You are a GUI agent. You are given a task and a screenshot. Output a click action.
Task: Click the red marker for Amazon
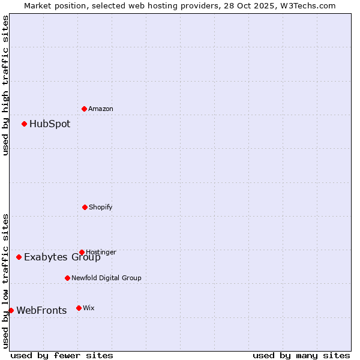(x=85, y=109)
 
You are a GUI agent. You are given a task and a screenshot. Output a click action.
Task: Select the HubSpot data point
(x=25, y=124)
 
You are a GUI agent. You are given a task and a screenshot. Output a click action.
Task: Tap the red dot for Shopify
(x=85, y=207)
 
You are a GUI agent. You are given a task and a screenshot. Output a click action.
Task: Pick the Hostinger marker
(x=82, y=252)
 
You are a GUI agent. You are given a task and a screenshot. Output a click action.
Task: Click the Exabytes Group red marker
(x=19, y=257)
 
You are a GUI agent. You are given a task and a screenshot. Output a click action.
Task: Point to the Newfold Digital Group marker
(x=67, y=278)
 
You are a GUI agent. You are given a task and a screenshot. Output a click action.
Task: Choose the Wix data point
(x=79, y=308)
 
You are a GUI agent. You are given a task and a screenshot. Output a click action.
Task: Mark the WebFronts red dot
(x=11, y=310)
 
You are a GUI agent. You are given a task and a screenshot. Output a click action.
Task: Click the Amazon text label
(x=101, y=109)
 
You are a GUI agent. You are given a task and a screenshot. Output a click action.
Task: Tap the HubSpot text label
(x=50, y=124)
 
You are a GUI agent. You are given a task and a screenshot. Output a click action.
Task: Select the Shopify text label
(x=101, y=207)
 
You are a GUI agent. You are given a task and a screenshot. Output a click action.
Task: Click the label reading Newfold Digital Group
(x=106, y=278)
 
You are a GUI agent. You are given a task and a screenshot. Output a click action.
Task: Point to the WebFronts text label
(x=41, y=310)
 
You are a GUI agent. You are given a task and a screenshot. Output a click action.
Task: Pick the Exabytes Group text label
(x=62, y=257)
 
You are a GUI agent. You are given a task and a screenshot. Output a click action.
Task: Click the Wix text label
(x=89, y=308)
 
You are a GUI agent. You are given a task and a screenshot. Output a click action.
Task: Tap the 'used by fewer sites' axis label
(x=62, y=355)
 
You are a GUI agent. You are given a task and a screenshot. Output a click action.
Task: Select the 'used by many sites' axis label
(x=301, y=355)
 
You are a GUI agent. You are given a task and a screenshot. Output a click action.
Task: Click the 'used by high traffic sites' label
(x=5, y=85)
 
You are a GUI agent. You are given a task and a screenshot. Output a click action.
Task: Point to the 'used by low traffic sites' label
(x=5, y=281)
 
